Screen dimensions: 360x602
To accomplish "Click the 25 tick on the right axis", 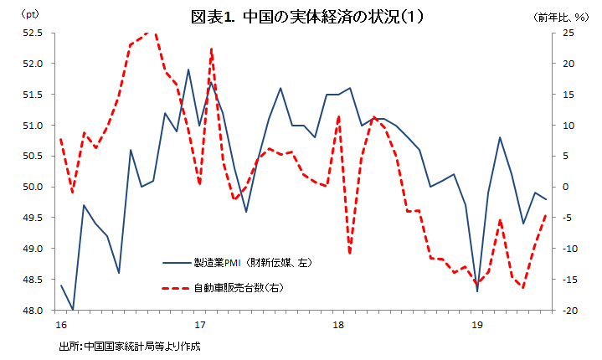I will coord(568,33).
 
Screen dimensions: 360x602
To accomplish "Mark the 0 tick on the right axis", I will coord(565,187).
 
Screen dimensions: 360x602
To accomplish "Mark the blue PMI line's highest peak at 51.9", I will coord(188,69).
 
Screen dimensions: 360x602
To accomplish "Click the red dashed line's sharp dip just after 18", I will coord(350,253).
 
